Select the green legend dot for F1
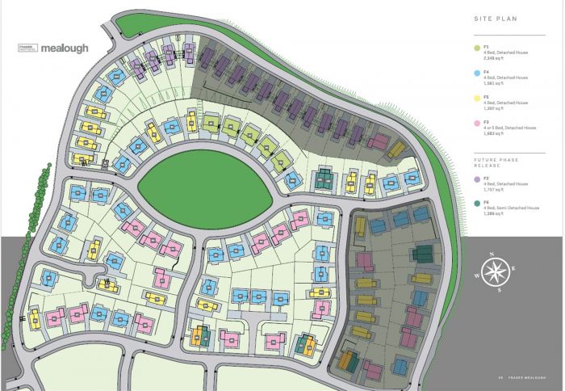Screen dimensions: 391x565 click(x=477, y=50)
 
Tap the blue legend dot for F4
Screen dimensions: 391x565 click(x=477, y=73)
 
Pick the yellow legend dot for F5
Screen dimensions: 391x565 click(x=477, y=98)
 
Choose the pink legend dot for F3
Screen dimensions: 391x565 click(x=477, y=123)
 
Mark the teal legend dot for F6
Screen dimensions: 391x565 click(x=477, y=204)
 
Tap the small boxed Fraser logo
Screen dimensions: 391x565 click(x=28, y=48)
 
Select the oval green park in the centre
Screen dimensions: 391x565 click(x=207, y=183)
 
